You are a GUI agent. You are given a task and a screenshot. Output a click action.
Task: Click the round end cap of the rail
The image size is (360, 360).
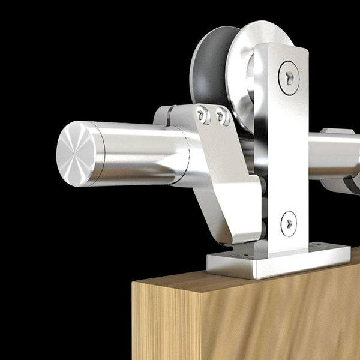click(x=76, y=148)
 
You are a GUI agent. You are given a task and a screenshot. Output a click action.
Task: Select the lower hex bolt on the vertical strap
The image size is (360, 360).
click(x=289, y=223)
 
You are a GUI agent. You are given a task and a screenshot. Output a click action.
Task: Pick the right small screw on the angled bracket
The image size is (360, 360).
click(x=223, y=116)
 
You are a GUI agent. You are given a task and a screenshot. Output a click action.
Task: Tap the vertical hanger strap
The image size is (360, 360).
click(x=281, y=150)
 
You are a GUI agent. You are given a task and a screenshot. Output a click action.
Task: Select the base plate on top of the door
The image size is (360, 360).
click(x=276, y=259)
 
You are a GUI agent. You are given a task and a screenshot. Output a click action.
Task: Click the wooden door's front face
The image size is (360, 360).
click(x=240, y=324)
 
